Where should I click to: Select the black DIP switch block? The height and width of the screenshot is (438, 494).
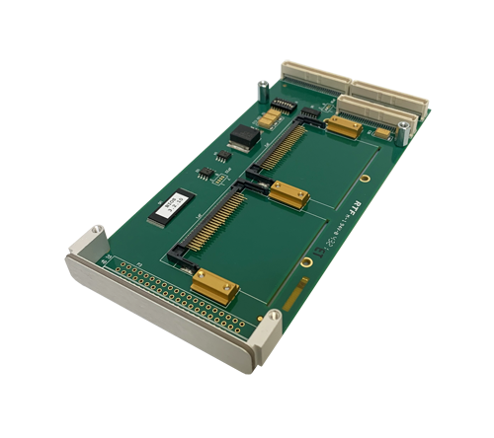(x=282, y=104)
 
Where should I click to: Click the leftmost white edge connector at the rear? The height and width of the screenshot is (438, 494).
(x=313, y=76)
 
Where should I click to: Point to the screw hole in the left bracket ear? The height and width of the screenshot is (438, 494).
(x=96, y=234)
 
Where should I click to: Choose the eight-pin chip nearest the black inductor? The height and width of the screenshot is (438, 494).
(x=223, y=155)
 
